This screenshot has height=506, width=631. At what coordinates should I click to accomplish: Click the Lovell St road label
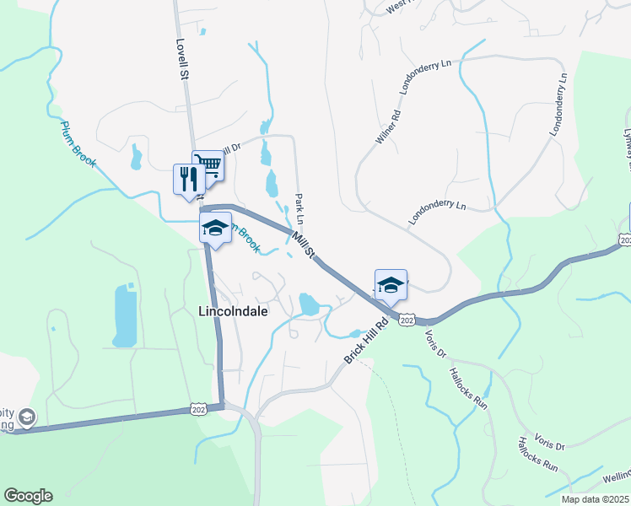point(181,58)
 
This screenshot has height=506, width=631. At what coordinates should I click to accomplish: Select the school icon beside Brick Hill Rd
point(391,286)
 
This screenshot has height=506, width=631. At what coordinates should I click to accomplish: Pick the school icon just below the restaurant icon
point(215,227)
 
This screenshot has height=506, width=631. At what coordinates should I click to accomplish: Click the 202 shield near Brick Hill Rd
point(407,320)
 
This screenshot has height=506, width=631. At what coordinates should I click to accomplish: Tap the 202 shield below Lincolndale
point(197,408)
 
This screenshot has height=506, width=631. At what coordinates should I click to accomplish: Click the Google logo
point(28,496)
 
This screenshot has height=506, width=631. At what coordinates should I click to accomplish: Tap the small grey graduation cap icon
point(27,417)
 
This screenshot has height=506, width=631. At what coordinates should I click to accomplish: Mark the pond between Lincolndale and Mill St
point(309,303)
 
